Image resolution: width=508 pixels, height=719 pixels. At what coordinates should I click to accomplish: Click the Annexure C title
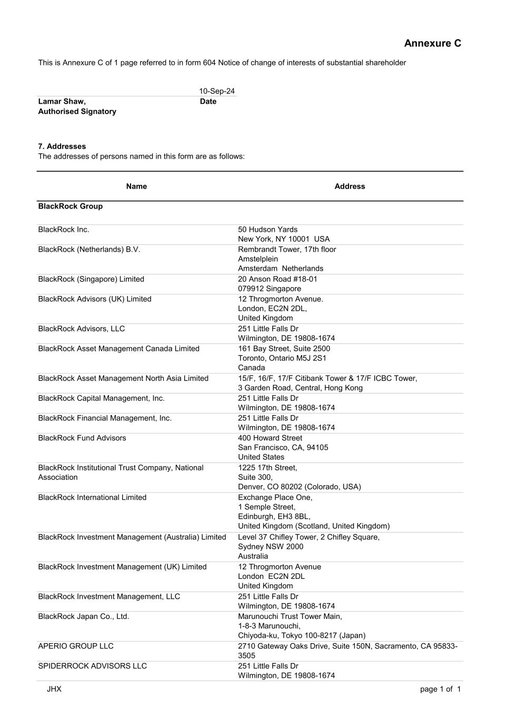click(432, 43)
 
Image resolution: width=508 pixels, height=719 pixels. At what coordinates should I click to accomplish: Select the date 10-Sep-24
click(216, 91)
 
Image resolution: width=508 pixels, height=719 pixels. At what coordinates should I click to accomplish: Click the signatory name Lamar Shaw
click(62, 101)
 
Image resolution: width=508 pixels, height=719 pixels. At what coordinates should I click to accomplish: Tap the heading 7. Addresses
click(62, 146)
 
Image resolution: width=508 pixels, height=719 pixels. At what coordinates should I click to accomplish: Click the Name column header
click(136, 186)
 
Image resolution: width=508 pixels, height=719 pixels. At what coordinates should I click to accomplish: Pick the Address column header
click(350, 186)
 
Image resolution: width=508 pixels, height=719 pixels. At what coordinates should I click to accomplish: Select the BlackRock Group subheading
click(70, 206)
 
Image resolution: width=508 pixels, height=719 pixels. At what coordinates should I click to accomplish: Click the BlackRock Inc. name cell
click(64, 230)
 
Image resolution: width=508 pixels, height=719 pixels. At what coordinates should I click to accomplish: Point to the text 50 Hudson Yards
click(267, 230)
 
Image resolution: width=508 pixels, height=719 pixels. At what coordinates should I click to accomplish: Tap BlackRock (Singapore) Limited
click(91, 279)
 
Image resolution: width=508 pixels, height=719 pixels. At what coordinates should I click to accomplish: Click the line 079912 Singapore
click(270, 289)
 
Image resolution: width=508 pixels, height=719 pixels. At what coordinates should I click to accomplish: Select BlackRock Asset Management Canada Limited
click(118, 349)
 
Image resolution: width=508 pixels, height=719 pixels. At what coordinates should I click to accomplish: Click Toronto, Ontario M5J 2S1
click(282, 358)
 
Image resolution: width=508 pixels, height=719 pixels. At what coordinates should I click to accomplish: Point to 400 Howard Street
click(270, 438)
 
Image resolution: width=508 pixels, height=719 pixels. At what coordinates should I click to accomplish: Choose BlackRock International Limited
click(92, 498)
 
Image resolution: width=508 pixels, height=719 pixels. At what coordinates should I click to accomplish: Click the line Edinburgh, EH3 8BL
click(274, 517)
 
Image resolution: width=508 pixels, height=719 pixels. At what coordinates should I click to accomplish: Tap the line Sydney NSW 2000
click(271, 547)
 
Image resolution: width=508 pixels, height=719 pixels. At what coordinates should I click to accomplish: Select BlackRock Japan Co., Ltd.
click(83, 617)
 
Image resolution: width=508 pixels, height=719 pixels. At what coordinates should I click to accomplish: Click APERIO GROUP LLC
click(76, 646)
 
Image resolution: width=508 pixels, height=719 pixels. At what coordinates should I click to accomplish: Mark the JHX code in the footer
click(54, 689)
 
